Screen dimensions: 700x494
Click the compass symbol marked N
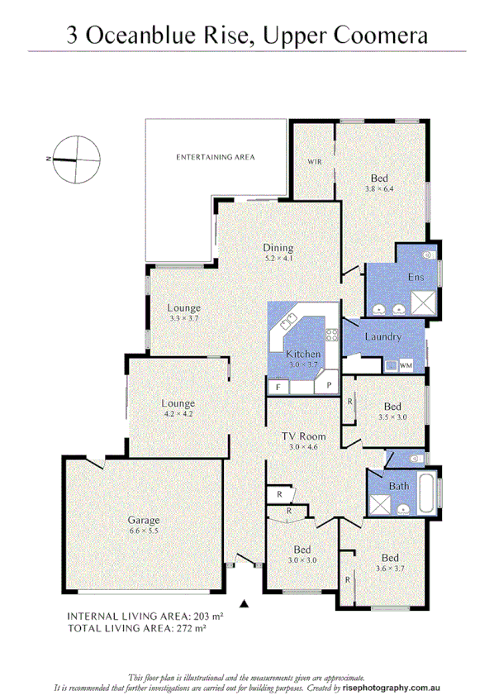pyautogui.click(x=76, y=157)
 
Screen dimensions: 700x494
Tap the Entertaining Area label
pyautogui.click(x=216, y=157)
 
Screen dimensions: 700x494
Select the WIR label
pyautogui.click(x=314, y=161)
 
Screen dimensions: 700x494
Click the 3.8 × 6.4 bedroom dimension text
pyautogui.click(x=379, y=189)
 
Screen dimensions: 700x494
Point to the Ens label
pyautogui.click(x=416, y=278)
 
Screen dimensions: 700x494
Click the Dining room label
pyautogui.click(x=278, y=248)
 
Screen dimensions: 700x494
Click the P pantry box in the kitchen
pyautogui.click(x=329, y=386)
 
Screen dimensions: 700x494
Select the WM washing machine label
pyautogui.click(x=406, y=364)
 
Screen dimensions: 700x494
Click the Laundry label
pyautogui.click(x=382, y=337)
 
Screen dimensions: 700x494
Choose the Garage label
pyautogui.click(x=143, y=521)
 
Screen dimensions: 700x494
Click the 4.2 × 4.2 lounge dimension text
pyautogui.click(x=178, y=414)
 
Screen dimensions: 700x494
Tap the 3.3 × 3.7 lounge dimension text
pyautogui.click(x=183, y=318)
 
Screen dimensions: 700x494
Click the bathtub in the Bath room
pyautogui.click(x=428, y=493)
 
